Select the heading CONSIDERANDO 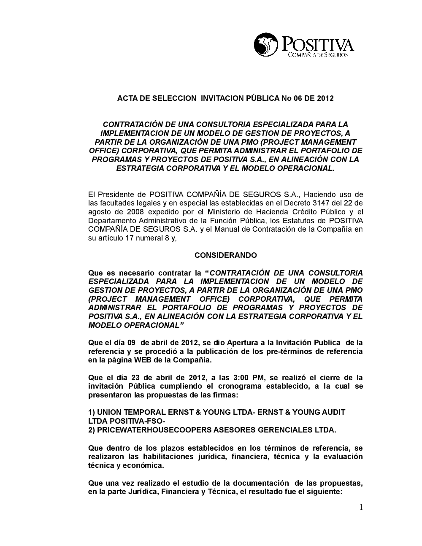(x=225, y=255)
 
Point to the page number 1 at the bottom (x=361, y=507)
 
